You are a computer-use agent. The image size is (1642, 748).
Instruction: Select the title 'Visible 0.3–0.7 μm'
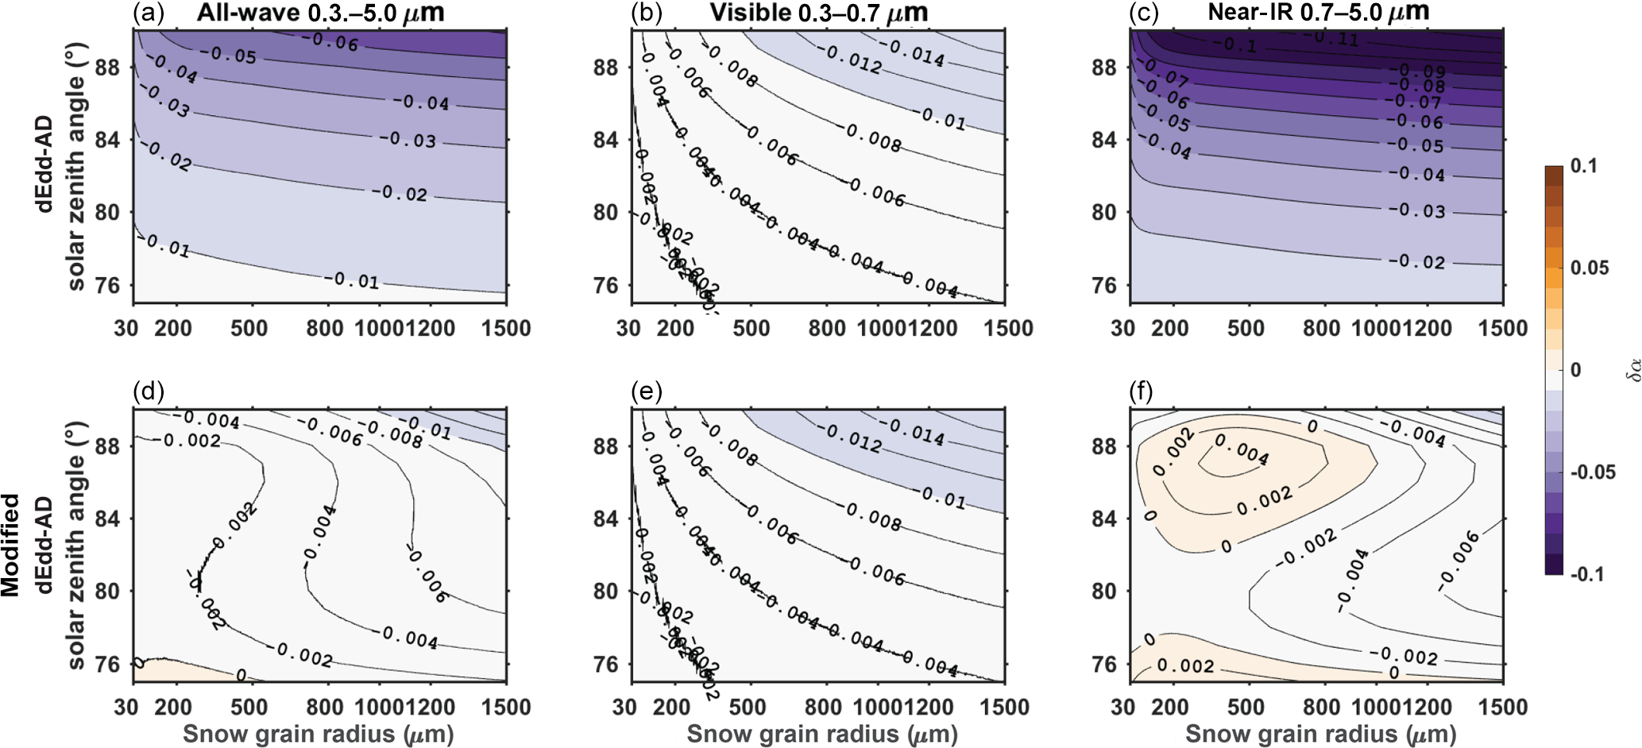818,13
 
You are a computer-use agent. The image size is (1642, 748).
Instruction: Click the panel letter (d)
149,391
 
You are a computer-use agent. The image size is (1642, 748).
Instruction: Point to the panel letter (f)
1145,391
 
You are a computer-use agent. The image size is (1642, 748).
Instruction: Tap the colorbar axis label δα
1630,369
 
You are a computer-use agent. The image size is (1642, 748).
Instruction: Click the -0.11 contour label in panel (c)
1335,37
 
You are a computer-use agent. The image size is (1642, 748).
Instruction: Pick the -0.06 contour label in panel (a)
334,41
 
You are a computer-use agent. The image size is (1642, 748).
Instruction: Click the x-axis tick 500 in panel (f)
1245,707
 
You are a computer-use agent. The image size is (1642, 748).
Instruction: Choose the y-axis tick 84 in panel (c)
1104,140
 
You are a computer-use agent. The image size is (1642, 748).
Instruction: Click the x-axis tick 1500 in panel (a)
506,328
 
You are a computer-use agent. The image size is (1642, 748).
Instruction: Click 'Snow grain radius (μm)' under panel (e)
821,735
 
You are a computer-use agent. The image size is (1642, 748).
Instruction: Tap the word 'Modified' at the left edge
10,545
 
